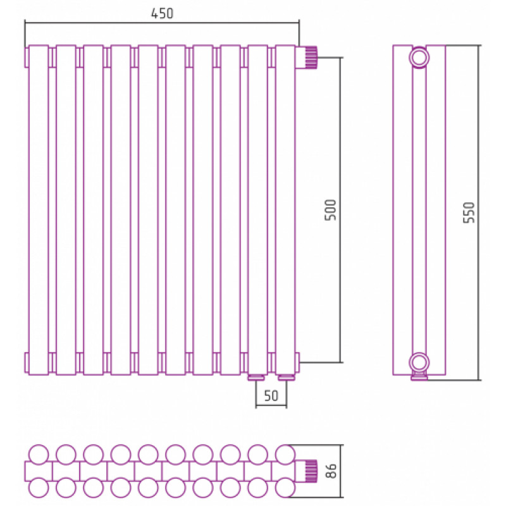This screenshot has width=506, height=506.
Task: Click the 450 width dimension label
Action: [162, 13]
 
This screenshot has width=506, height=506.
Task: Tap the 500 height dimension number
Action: [330, 210]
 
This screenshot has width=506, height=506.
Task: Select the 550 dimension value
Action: [469, 213]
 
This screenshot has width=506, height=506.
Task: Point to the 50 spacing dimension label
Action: [271, 396]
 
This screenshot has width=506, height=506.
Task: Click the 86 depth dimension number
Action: [331, 471]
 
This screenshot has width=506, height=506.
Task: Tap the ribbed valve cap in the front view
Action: [311, 58]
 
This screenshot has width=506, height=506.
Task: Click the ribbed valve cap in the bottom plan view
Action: [311, 471]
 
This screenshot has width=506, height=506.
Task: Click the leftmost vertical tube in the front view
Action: [39, 210]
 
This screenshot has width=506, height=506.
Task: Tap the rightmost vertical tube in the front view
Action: [285, 210]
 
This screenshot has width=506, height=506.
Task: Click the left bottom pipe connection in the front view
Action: [257, 378]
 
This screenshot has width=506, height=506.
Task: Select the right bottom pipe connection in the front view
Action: [287, 378]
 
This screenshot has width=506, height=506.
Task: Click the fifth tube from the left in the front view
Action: [148, 210]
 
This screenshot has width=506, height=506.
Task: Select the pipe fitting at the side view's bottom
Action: [419, 377]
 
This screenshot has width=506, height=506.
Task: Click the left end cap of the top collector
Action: [27, 58]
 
